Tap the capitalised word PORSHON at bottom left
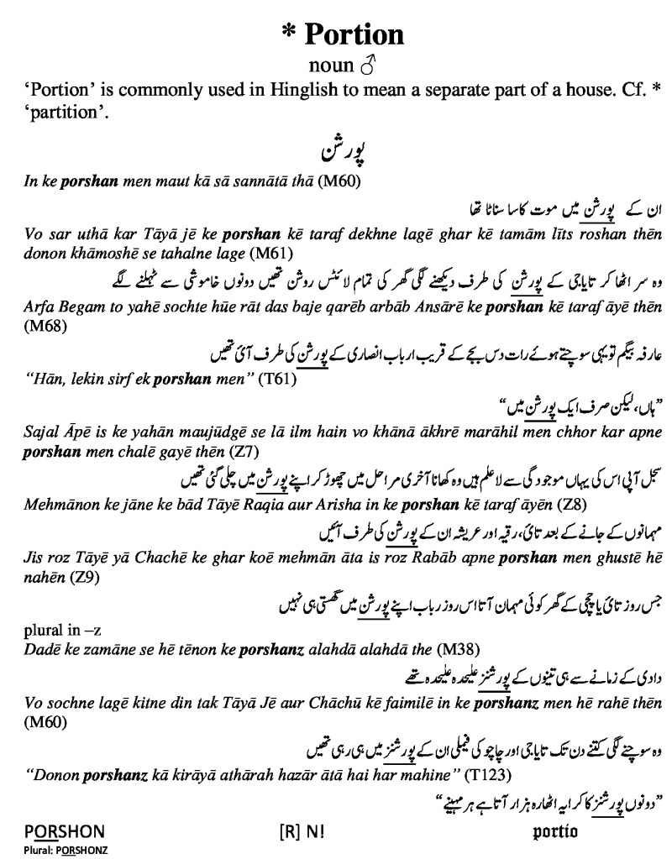64,832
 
